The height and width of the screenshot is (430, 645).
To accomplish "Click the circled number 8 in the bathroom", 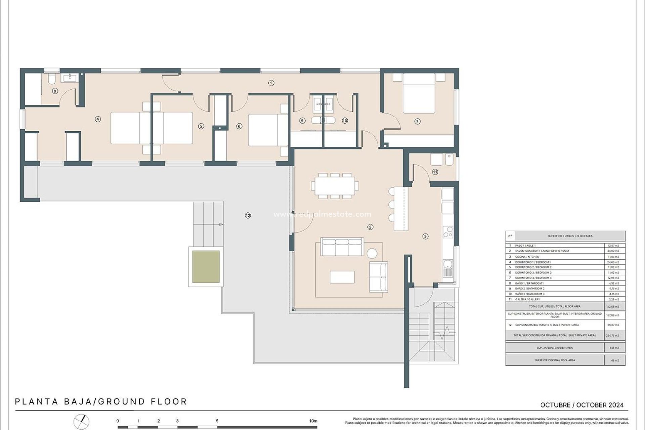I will tap(55, 91).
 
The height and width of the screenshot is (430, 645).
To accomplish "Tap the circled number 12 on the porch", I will tap(248, 216).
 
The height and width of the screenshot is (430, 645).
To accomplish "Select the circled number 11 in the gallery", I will tap(435, 172).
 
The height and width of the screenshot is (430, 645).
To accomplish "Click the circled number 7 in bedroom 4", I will tap(417, 121).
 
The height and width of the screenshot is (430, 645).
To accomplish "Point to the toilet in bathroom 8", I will tap(52, 79).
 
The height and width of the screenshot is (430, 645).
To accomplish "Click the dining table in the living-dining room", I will tap(335, 186).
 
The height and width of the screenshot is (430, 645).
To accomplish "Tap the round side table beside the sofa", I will tap(372, 253).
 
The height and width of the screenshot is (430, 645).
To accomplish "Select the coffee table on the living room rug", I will tap(342, 277).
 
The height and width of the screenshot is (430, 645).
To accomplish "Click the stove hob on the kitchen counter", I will tap(448, 232).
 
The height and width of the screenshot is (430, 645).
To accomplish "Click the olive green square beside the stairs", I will tap(206, 267).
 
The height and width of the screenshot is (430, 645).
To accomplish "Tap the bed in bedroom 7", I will tap(419, 93).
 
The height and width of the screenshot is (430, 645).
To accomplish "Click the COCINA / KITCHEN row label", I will tap(527, 257).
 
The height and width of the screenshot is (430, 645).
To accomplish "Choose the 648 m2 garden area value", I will tap(614, 348).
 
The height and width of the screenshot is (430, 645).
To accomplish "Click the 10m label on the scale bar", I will tap(313, 421).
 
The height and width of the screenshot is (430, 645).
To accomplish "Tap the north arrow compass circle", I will tap(82, 421).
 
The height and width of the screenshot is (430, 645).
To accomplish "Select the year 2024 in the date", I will tap(616, 405).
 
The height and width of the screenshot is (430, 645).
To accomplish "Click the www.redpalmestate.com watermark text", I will tap(322, 214).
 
